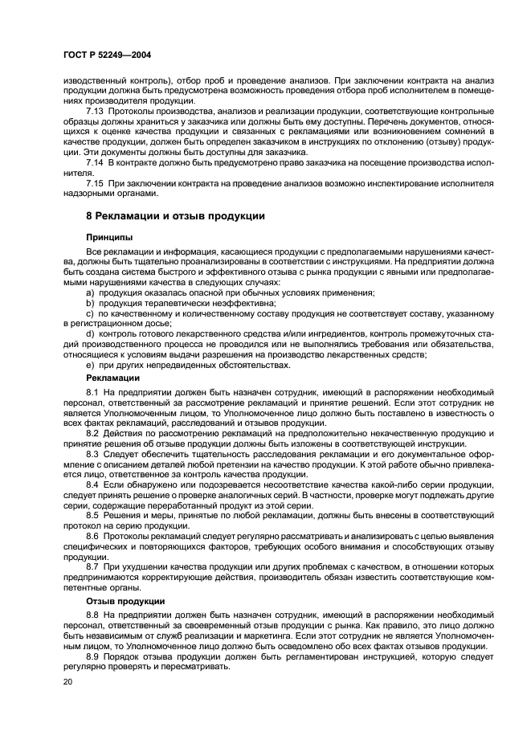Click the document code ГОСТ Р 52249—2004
pyautogui.click(x=108, y=54)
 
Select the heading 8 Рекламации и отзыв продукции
pyautogui.click(x=175, y=216)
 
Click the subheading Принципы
pyautogui.click(x=108, y=237)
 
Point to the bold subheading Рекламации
pyautogui.click(x=112, y=377)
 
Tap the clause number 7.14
pyautogui.click(x=95, y=161)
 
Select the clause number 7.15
pyautogui.click(x=95, y=182)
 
